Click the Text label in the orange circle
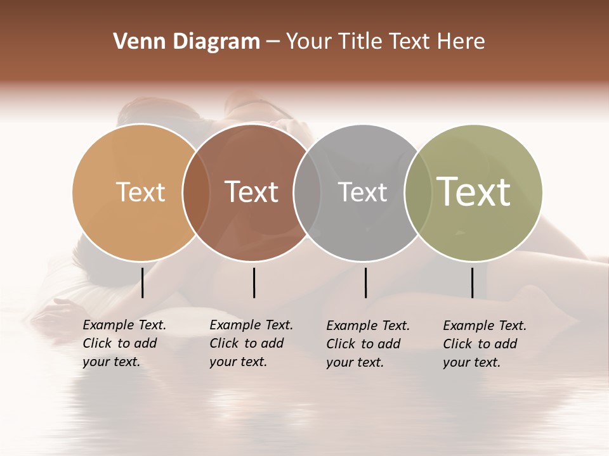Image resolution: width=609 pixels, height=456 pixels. point(140,192)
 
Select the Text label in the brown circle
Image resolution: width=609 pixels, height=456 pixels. point(251,192)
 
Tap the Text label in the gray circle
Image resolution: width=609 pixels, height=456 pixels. point(362,192)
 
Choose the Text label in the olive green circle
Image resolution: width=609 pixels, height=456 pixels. point(474,191)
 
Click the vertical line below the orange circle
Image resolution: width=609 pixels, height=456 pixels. point(142,282)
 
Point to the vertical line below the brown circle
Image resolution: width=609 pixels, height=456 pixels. point(254,282)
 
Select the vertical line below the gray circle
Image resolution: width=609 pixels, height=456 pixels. point(365,282)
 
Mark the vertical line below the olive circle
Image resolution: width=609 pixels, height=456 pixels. point(472,282)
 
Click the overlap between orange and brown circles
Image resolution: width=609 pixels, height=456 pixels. point(196,193)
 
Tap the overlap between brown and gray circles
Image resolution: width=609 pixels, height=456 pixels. point(307,193)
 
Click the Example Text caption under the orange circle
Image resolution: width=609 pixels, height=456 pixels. point(124,343)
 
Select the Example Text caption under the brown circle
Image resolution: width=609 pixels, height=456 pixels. point(251,343)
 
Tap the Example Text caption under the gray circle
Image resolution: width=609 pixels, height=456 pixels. point(368,344)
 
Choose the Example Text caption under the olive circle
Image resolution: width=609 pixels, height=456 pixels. point(485,344)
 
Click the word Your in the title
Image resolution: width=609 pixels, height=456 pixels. point(309,42)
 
